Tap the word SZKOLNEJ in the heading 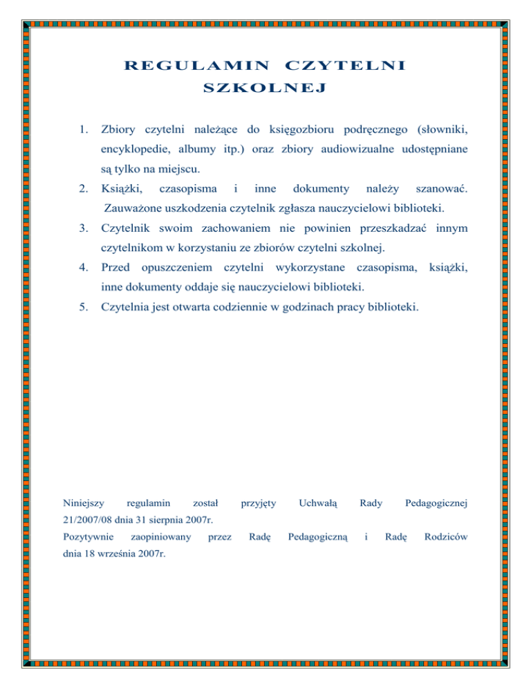pyautogui.click(x=265, y=89)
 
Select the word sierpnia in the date pyautogui.click(x=169, y=520)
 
